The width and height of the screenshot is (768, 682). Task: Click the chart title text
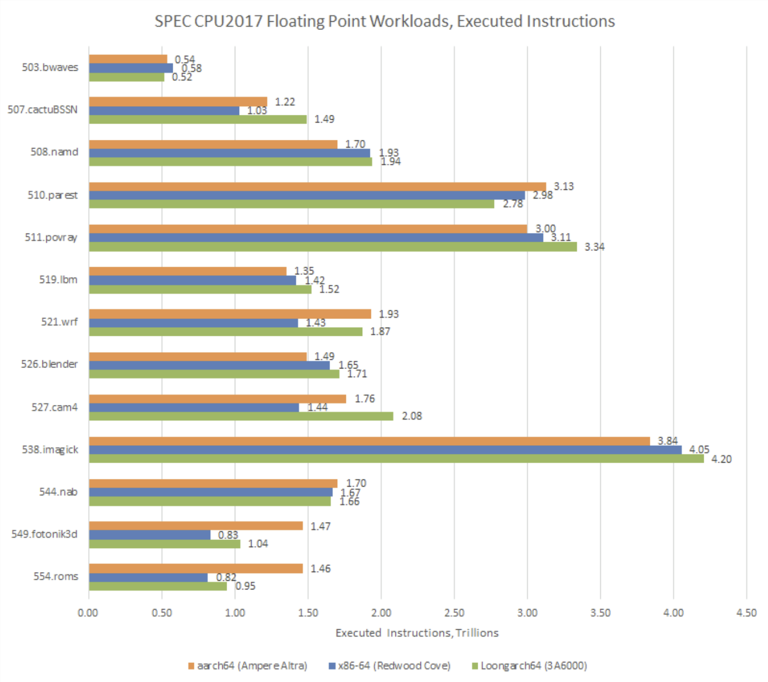(x=385, y=21)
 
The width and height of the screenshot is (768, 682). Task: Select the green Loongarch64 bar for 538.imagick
(x=396, y=459)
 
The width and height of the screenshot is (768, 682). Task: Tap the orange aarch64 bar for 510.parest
(x=317, y=187)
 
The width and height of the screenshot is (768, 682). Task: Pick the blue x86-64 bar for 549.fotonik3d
(x=150, y=535)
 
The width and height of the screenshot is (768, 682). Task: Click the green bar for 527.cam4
(x=241, y=416)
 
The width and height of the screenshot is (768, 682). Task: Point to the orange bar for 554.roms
(x=196, y=569)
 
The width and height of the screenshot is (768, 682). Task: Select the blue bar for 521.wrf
(x=193, y=323)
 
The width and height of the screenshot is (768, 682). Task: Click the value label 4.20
(x=721, y=459)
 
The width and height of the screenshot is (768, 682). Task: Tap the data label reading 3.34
(x=594, y=247)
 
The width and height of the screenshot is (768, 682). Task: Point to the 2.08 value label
(x=411, y=416)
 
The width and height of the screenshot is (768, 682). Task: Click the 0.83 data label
(x=228, y=535)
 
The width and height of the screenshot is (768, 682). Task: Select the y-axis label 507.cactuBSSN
(x=42, y=110)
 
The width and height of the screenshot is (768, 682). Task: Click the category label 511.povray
(x=51, y=237)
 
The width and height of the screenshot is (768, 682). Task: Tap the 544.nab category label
(x=58, y=492)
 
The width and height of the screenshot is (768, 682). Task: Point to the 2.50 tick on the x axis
(x=454, y=613)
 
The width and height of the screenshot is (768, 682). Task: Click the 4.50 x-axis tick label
(x=746, y=613)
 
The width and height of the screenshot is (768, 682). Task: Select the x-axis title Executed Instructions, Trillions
(x=417, y=633)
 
